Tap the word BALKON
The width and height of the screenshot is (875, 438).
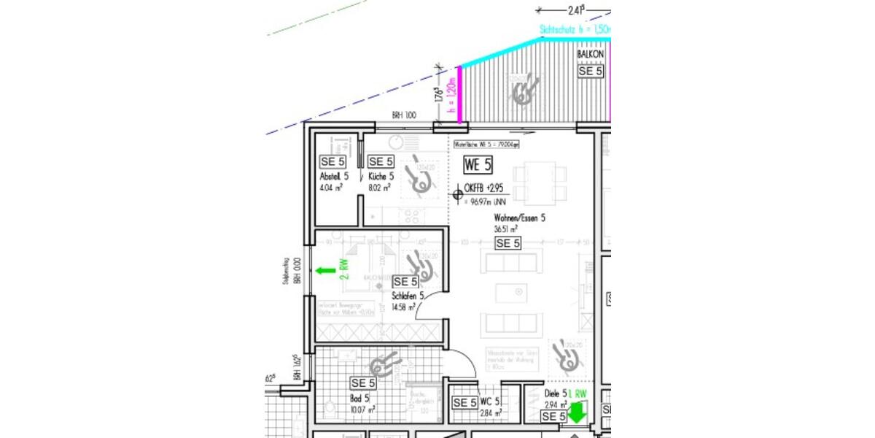(591, 55)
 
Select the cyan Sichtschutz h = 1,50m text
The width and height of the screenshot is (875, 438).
(573, 30)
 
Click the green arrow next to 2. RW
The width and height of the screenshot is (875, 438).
(325, 271)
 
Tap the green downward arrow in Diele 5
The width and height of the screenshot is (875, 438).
(577, 413)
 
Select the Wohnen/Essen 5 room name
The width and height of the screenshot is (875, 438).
(519, 218)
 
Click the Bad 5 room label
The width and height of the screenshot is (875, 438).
(359, 399)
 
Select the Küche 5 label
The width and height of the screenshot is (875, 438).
(381, 177)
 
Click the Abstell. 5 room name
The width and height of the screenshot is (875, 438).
(334, 177)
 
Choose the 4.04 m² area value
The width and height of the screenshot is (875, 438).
(331, 188)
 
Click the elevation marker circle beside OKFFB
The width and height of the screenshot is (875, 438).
(456, 194)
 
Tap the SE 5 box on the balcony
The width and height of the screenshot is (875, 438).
(591, 71)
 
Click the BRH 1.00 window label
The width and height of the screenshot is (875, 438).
(403, 115)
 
